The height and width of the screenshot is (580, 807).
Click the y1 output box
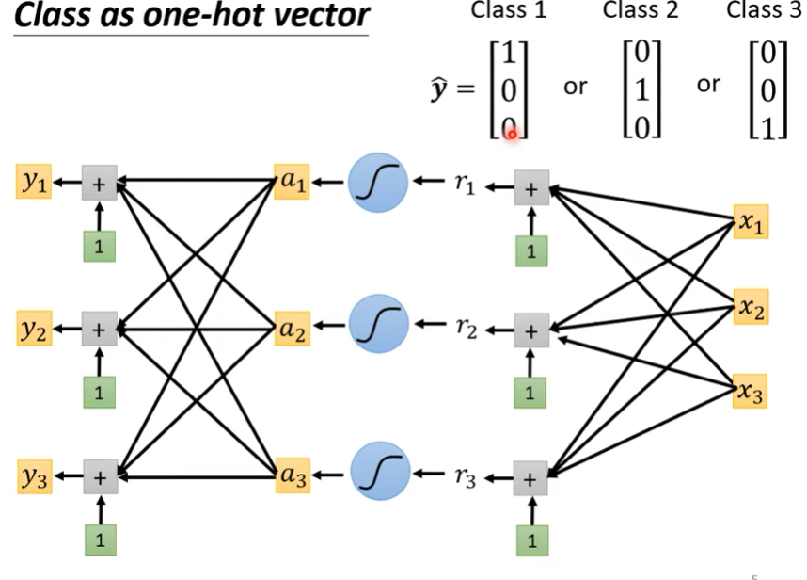tap(34, 182)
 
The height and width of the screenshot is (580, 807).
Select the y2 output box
tap(35, 328)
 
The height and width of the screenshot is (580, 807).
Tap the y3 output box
tap(35, 476)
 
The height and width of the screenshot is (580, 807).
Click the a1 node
tap(293, 182)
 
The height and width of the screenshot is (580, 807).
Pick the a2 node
tap(293, 328)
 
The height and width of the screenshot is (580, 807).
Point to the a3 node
tap(293, 475)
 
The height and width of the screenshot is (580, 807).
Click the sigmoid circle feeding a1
tap(378, 183)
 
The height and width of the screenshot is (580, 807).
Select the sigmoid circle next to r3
tap(380, 471)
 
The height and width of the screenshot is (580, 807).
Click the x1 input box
tap(751, 221)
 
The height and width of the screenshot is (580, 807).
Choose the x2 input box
tap(751, 307)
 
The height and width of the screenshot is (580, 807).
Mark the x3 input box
tap(750, 392)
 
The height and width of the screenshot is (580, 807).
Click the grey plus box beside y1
tap(100, 183)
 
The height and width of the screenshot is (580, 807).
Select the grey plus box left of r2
tap(531, 330)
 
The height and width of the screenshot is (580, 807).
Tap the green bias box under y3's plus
tap(101, 540)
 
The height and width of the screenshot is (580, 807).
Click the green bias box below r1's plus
tap(531, 250)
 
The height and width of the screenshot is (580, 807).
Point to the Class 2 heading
tap(641, 9)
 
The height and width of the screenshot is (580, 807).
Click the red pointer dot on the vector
tap(512, 135)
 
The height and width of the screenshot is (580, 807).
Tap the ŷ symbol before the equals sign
tap(439, 89)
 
